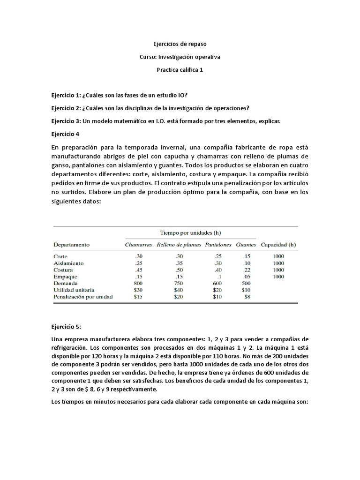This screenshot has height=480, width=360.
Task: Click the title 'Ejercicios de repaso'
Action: tap(180, 44)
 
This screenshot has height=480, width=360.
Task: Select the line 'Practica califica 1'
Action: tap(180, 70)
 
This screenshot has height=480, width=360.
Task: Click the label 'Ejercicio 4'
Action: tap(65, 134)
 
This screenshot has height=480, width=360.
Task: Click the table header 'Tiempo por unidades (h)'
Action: tap(190, 232)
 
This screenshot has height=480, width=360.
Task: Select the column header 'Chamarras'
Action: tap(138, 245)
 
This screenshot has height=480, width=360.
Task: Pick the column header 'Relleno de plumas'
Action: tap(179, 245)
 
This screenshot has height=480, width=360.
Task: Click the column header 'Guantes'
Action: tap(246, 245)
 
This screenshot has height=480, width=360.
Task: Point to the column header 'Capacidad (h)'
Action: tap(278, 245)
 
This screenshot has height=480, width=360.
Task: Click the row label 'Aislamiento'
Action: tap(68, 263)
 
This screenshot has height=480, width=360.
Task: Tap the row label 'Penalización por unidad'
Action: tap(83, 297)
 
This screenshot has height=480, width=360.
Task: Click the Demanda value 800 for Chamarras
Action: tap(138, 284)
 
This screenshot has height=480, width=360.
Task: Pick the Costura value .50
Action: tap(179, 270)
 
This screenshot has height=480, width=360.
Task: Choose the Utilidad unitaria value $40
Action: tap(179, 290)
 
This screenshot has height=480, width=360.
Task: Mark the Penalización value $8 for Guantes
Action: tap(247, 297)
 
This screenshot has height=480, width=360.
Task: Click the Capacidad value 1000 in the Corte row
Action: tap(278, 257)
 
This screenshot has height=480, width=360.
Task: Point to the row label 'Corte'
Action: tap(61, 257)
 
